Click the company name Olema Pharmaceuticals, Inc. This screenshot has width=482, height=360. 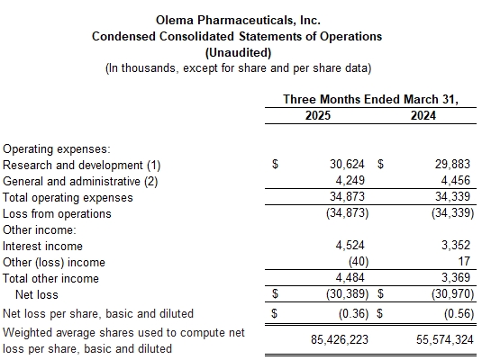[x=238, y=21]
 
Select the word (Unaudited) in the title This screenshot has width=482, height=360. [x=238, y=52]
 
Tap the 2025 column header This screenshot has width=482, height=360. [x=318, y=115]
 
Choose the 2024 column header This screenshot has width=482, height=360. [x=423, y=115]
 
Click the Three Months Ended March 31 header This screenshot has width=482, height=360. [x=370, y=99]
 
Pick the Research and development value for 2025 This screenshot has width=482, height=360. [x=347, y=165]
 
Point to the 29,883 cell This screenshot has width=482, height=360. [x=452, y=165]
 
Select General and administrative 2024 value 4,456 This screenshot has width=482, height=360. [x=456, y=180]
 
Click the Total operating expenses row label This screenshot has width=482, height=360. [x=68, y=197]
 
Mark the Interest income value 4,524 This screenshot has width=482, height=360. [x=350, y=246]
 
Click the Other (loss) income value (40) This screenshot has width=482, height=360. [x=359, y=262]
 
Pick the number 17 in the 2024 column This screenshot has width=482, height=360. [x=464, y=261]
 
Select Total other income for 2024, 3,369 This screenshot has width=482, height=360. [x=456, y=278]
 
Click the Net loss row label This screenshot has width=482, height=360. [x=37, y=294]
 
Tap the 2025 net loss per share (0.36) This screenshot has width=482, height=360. [x=353, y=313]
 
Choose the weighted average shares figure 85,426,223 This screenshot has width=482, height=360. [x=340, y=339]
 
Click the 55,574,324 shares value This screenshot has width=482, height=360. [x=445, y=339]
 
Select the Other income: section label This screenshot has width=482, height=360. [x=39, y=230]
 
